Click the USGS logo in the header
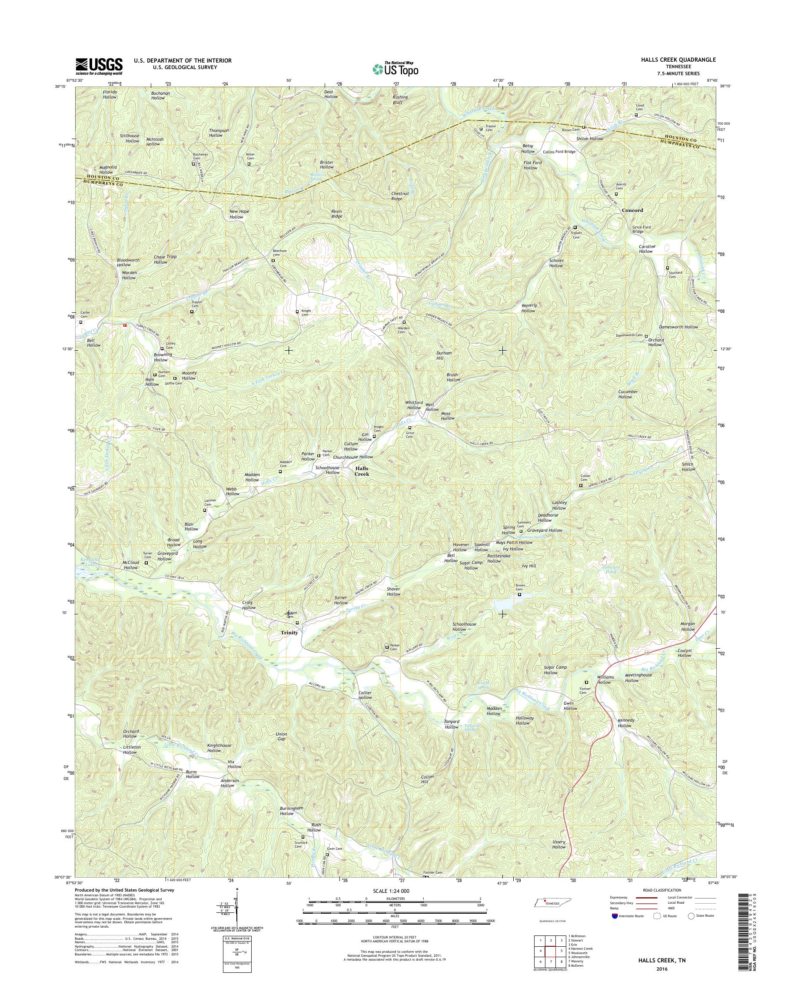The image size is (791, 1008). [99, 66]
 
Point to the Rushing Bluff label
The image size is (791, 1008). [400, 100]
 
